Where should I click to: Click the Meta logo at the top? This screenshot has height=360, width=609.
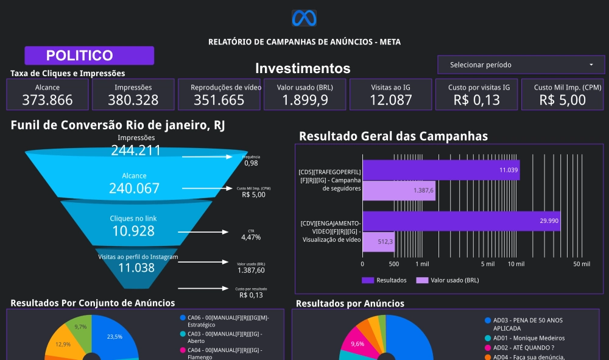click(x=304, y=18)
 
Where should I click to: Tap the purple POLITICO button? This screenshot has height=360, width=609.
click(x=89, y=55)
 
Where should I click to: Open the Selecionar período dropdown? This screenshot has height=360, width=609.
click(x=521, y=65)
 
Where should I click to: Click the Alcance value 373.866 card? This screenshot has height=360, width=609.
click(x=48, y=100)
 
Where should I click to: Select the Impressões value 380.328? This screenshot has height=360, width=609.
click(x=133, y=100)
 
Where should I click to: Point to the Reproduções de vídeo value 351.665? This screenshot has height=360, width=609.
click(x=219, y=100)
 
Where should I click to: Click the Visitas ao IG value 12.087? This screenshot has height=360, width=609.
click(x=391, y=100)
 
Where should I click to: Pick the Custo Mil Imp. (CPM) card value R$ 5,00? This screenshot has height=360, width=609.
click(x=562, y=100)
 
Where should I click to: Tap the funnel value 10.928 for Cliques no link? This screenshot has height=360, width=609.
click(x=133, y=231)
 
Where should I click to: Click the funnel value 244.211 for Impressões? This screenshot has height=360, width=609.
click(x=135, y=150)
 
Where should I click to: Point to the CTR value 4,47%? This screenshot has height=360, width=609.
click(x=251, y=237)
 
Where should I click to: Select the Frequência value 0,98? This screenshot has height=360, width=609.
click(x=251, y=163)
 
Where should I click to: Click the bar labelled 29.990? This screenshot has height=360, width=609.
click(x=461, y=221)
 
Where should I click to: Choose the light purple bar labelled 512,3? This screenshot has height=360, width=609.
click(x=378, y=241)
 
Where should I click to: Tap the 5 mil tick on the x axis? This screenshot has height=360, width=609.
click(x=487, y=264)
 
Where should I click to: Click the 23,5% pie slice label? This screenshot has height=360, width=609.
click(x=114, y=336)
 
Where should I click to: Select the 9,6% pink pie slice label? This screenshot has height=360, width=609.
click(x=357, y=344)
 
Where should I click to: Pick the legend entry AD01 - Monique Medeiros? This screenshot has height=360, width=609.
click(x=529, y=338)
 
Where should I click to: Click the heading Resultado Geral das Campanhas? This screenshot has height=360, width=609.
click(x=393, y=136)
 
